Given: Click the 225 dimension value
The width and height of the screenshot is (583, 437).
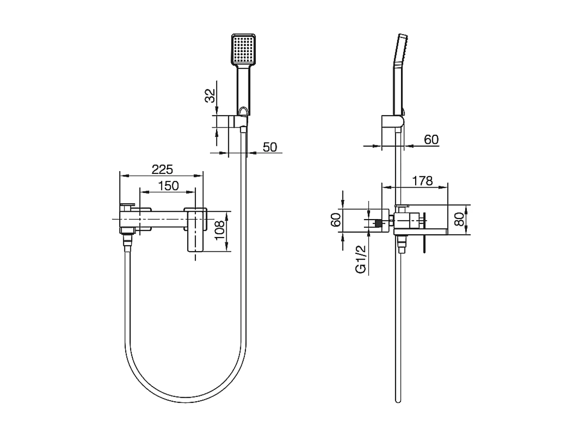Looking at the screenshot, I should click(x=162, y=169).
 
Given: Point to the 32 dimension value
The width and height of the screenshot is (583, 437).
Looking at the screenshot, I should click(x=210, y=96).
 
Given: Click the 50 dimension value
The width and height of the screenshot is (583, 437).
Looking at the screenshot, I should click(x=270, y=147).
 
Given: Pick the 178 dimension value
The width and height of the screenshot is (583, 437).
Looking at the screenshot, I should click(x=422, y=181).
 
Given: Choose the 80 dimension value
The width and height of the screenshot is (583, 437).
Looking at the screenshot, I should click(x=459, y=219).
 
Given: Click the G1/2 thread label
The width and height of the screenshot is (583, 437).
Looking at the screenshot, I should click(x=361, y=259).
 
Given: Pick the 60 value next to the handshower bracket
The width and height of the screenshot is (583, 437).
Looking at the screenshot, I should click(x=431, y=139).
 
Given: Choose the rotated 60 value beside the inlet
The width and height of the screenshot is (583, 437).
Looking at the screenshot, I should click(x=336, y=219).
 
